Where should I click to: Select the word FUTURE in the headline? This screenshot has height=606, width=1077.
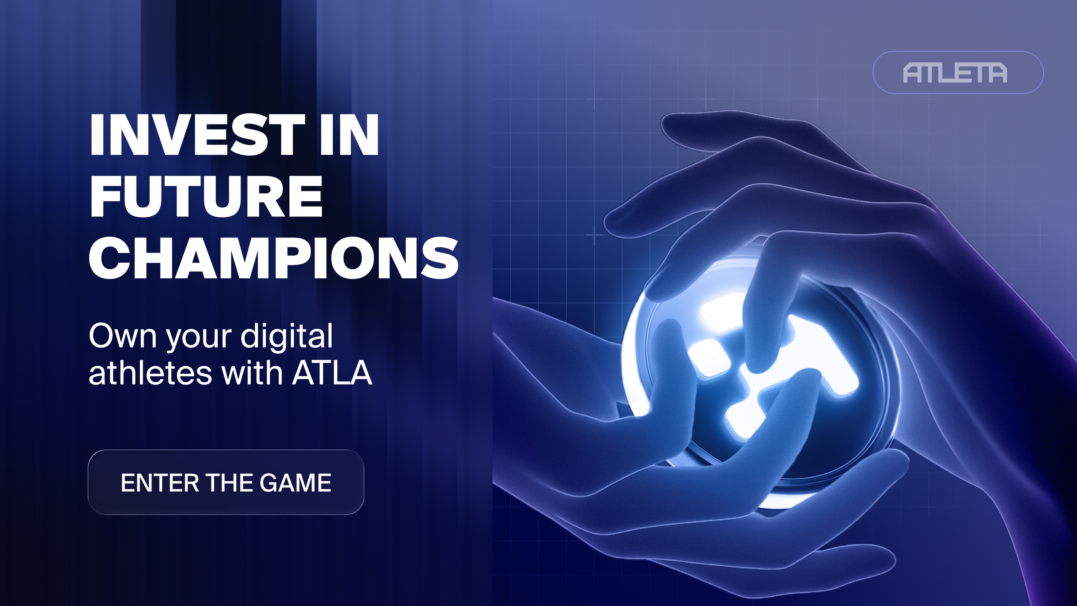206,196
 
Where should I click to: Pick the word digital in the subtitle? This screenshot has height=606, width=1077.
287,337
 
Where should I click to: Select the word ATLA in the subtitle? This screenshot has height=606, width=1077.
332,373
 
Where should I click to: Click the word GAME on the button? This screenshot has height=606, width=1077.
295,483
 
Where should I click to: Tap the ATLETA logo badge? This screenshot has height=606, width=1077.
958,72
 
